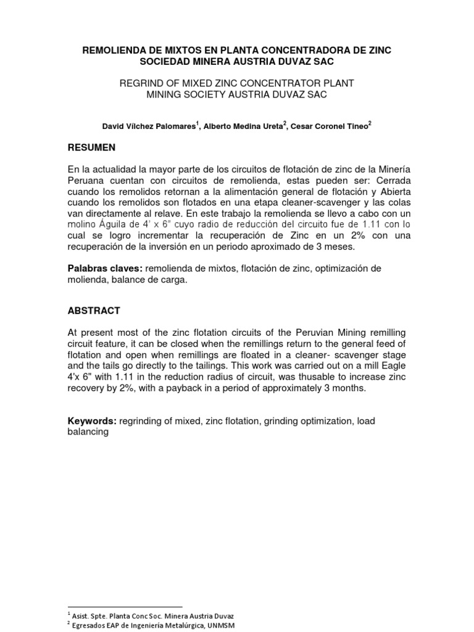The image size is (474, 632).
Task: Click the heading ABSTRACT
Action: point(94,310)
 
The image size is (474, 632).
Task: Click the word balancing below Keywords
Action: point(88,432)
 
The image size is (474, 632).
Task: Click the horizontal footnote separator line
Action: point(125,607)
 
